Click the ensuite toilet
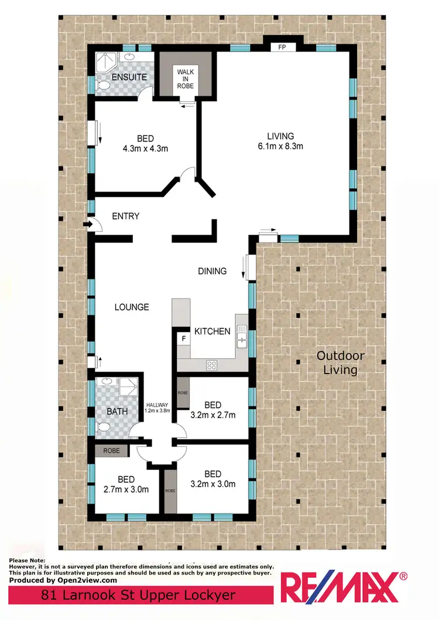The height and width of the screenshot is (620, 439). tap(103, 86)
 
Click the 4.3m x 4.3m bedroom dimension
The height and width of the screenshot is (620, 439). tap(145, 148)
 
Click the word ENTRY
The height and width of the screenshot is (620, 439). tap(125, 216)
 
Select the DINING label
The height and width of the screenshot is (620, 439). tap(212, 271)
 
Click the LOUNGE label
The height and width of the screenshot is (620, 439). tap(131, 307)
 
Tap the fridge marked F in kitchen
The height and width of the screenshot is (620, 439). tap(183, 338)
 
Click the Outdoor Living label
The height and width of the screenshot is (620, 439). tap(340, 362)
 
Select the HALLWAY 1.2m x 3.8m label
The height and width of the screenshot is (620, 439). tap(157, 407)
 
